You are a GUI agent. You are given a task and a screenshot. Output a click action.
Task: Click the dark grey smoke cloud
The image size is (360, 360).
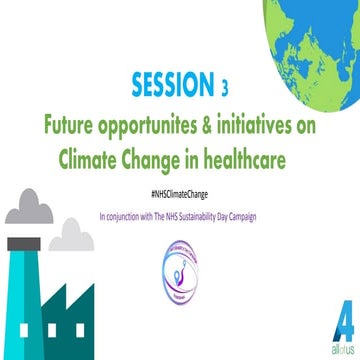(27, 211)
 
